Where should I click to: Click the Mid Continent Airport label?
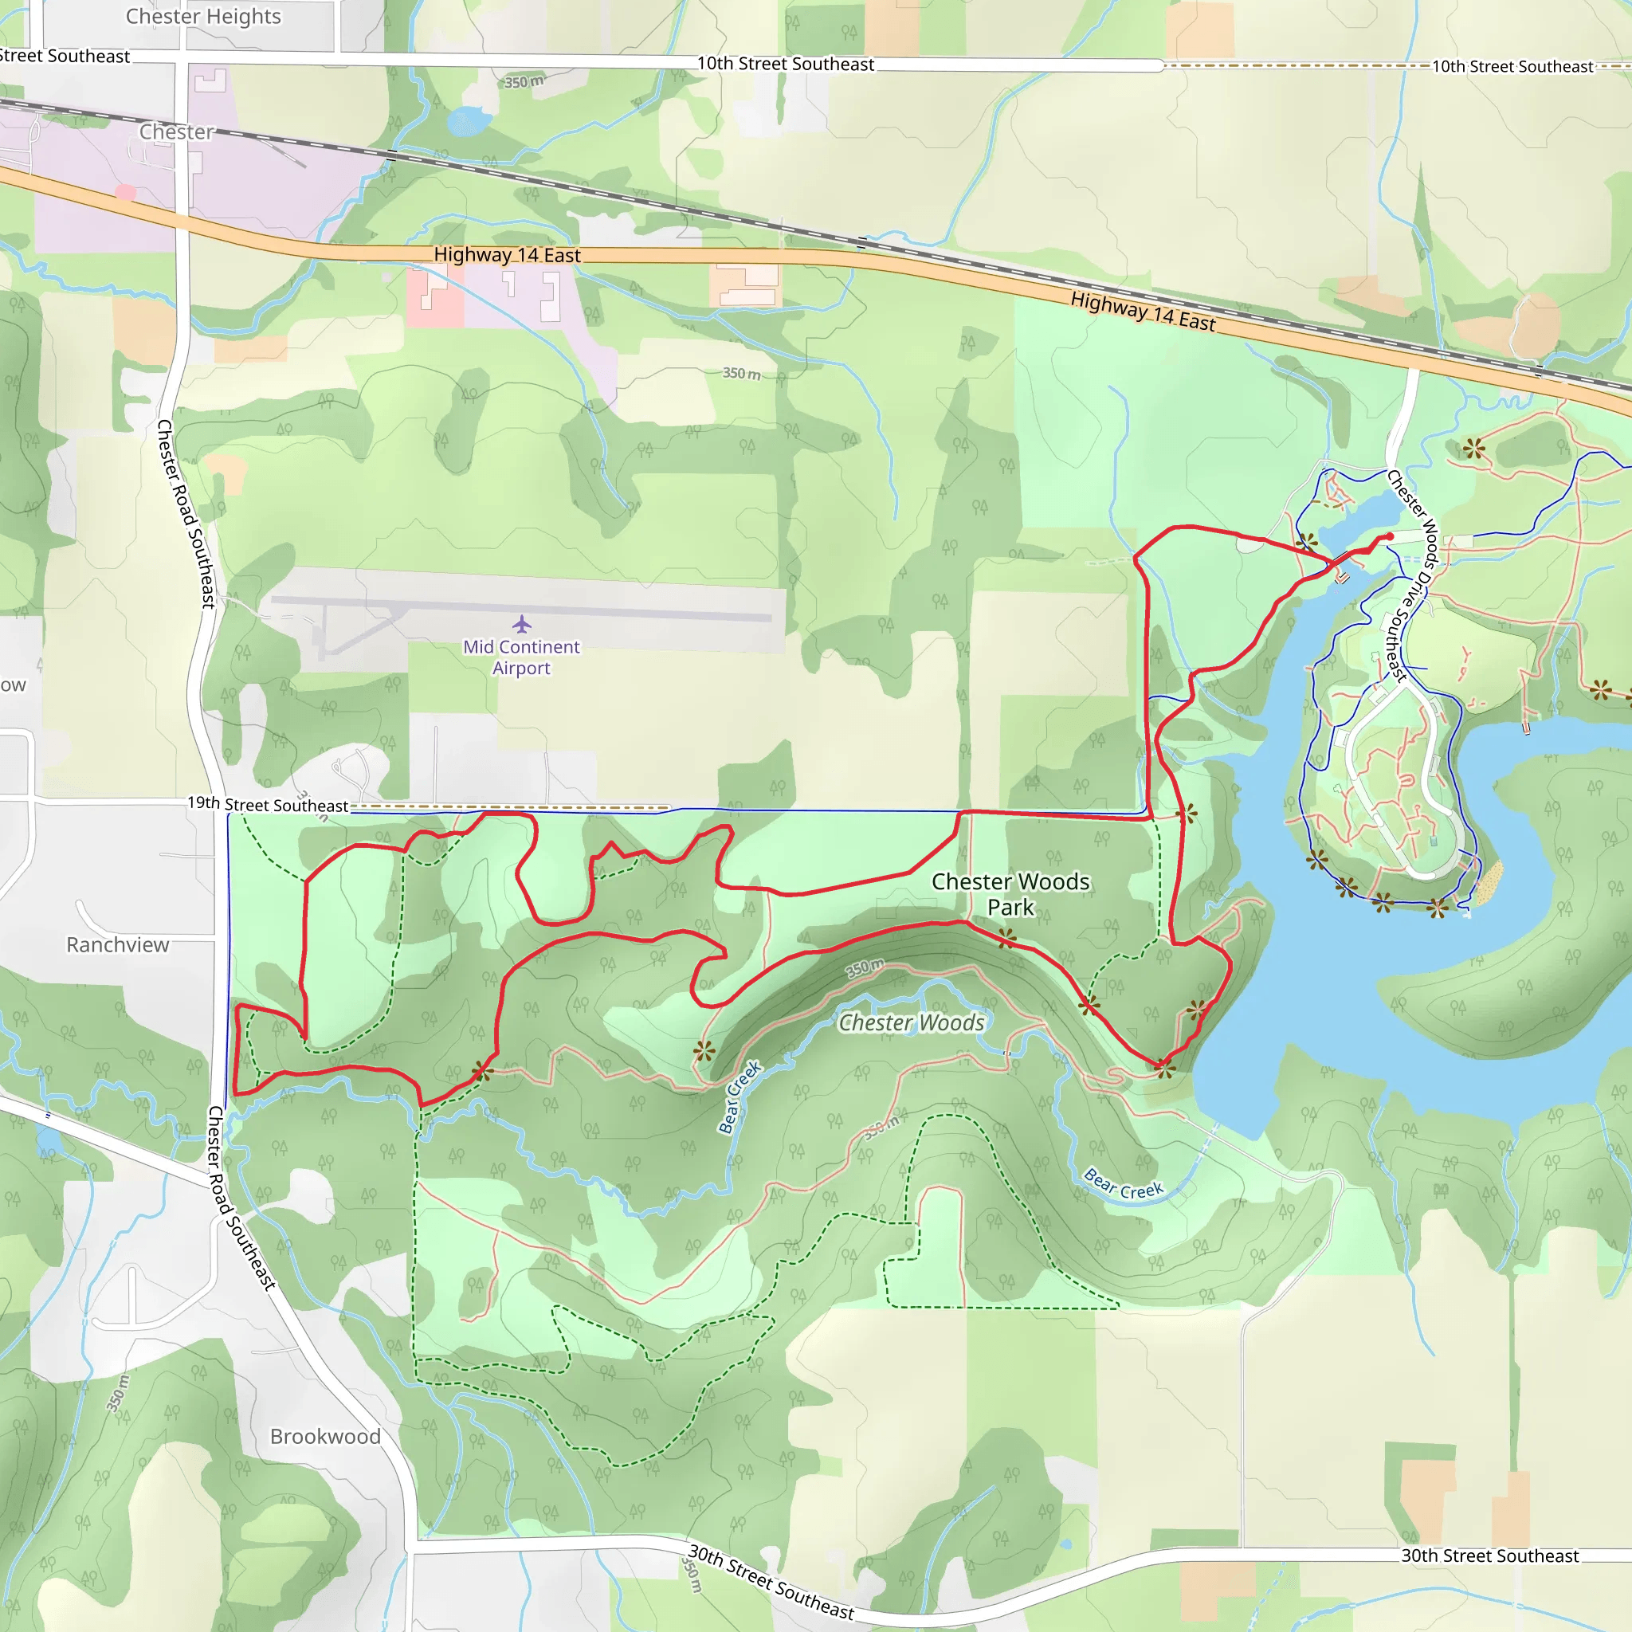(x=521, y=657)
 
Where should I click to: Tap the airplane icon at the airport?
(x=522, y=624)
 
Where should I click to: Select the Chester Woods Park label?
(x=1010, y=894)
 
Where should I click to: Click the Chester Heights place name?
(x=202, y=16)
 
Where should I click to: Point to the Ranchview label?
(x=117, y=944)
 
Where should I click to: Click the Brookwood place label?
(x=325, y=1436)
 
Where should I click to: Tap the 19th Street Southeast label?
(x=267, y=804)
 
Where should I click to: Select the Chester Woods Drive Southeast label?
(x=1411, y=575)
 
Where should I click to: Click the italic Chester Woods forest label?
(x=912, y=1023)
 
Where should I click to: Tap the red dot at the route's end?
(x=1390, y=536)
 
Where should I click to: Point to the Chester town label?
(x=177, y=131)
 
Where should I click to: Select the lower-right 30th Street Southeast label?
(x=1489, y=1556)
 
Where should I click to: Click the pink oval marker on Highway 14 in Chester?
(x=125, y=192)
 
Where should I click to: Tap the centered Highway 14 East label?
(x=507, y=254)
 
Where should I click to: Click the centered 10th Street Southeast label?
(x=785, y=64)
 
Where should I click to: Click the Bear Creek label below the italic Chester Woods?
(x=739, y=1096)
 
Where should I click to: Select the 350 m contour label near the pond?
(x=524, y=82)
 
